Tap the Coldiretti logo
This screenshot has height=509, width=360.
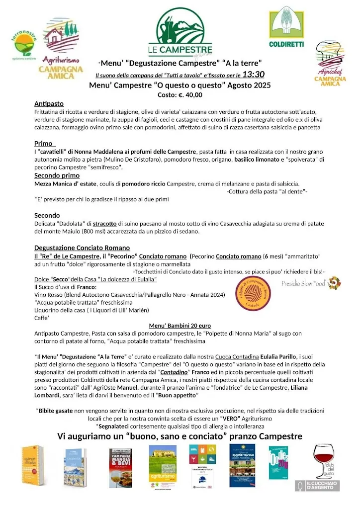(286, 27)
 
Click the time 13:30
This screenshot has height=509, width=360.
(253, 75)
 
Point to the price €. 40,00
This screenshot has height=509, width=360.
(180, 94)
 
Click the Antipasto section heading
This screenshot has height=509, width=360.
(49, 104)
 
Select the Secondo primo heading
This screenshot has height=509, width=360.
(57, 175)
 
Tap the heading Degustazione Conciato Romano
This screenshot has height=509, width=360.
(82, 248)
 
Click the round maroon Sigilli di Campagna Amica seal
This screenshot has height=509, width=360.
(253, 294)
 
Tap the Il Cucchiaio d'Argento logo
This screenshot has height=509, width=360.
(317, 485)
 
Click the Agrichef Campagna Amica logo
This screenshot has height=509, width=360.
(330, 65)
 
